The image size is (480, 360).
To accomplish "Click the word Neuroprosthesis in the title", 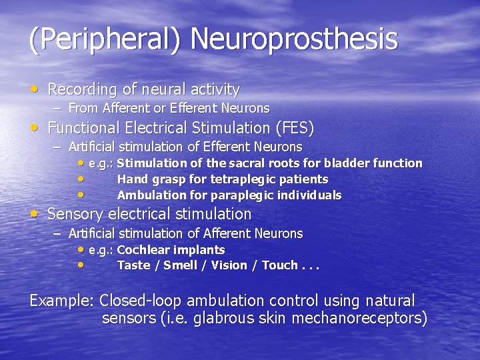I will click(x=294, y=39).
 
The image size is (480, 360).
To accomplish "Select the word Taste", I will click(x=133, y=265).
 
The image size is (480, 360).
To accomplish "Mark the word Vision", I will click(x=230, y=265).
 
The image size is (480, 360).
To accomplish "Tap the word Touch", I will click(x=280, y=265).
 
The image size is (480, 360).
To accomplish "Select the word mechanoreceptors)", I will click(x=359, y=318).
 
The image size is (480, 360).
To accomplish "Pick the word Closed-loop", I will click(x=143, y=301).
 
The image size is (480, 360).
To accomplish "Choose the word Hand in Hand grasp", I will click(x=131, y=179).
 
